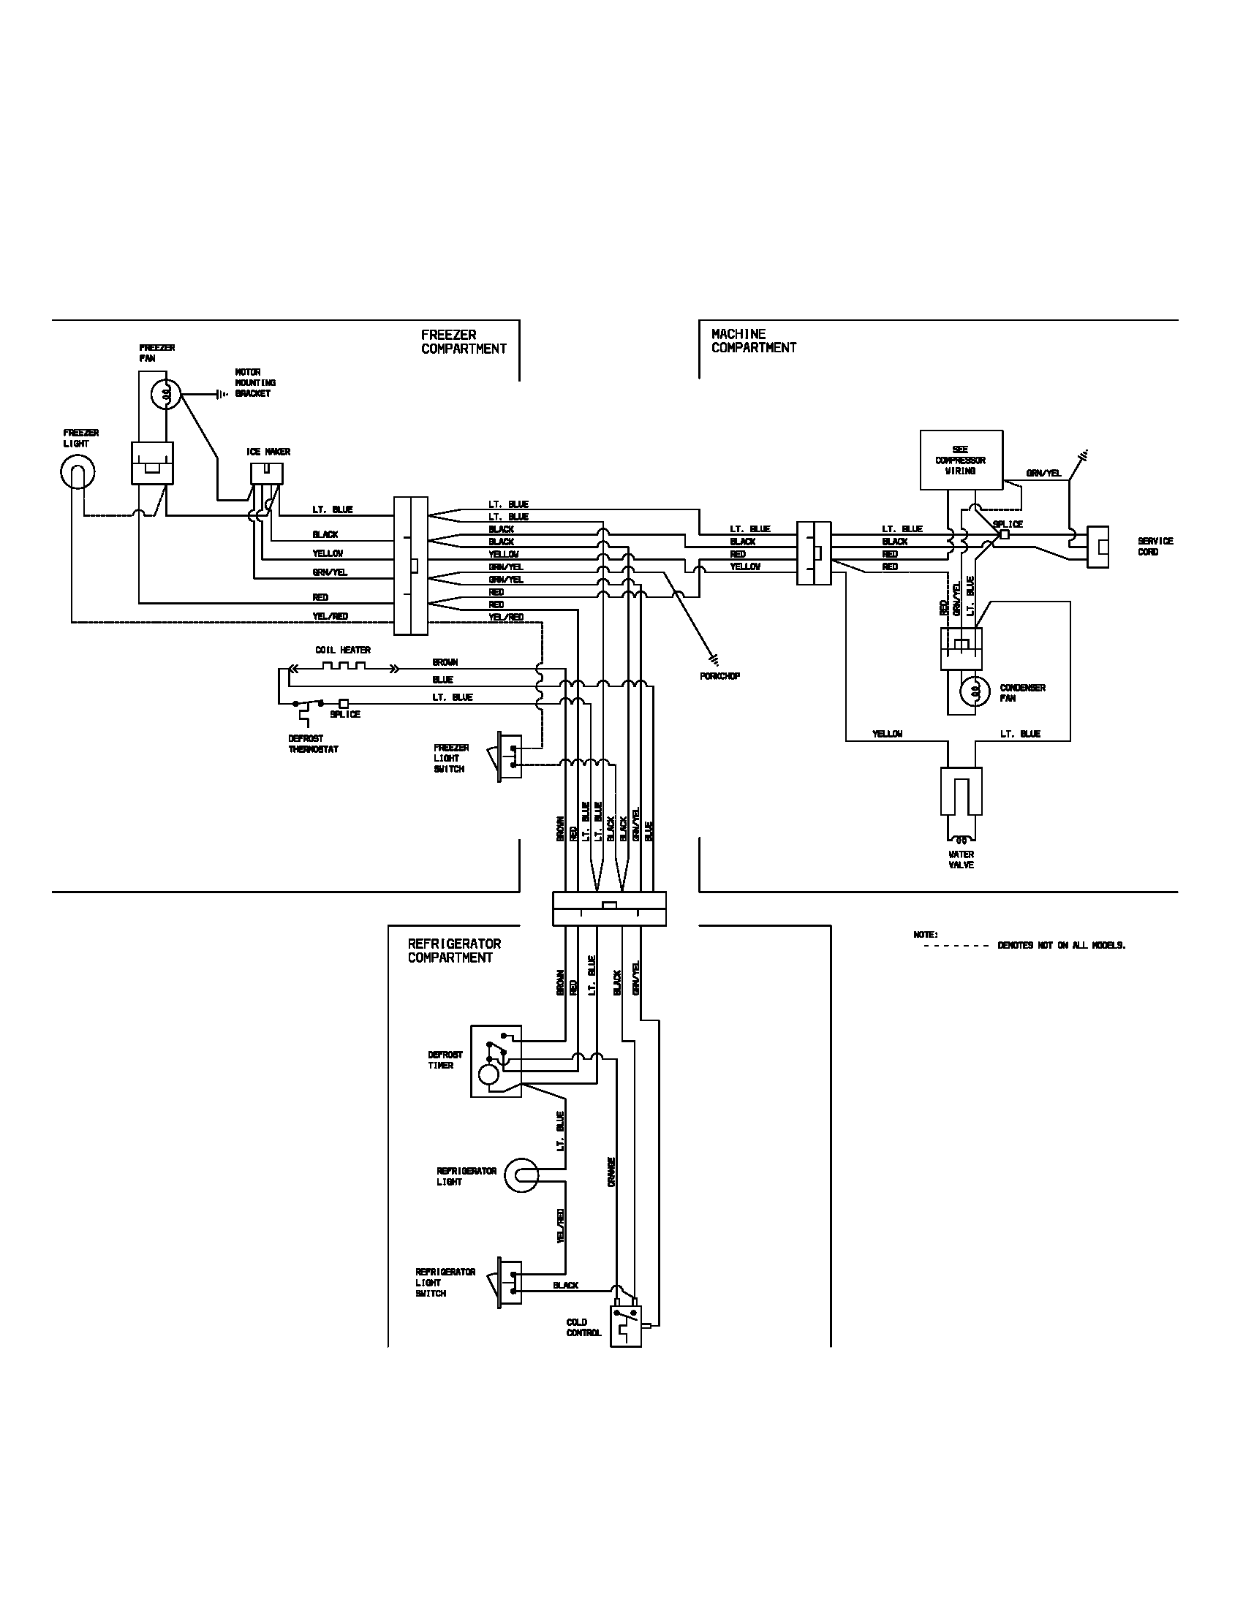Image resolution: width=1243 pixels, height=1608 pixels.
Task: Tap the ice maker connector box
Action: point(267,473)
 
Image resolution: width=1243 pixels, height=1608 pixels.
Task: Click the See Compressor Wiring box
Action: point(961,460)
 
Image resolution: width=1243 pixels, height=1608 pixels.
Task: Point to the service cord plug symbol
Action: point(1098,546)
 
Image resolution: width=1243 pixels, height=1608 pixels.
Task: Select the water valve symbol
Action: point(961,803)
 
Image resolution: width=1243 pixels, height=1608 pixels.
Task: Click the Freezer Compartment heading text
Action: point(463,341)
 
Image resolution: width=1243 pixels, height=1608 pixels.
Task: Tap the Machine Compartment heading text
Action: point(753,341)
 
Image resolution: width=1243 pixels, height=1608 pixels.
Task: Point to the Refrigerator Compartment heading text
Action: point(454,950)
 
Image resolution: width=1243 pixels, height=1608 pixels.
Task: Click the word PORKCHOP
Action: point(719,676)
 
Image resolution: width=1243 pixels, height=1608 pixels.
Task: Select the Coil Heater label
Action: point(342,650)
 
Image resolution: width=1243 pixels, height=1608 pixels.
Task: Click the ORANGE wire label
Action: point(611,1172)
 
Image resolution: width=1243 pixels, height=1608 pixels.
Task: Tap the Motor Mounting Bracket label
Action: point(254,383)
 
